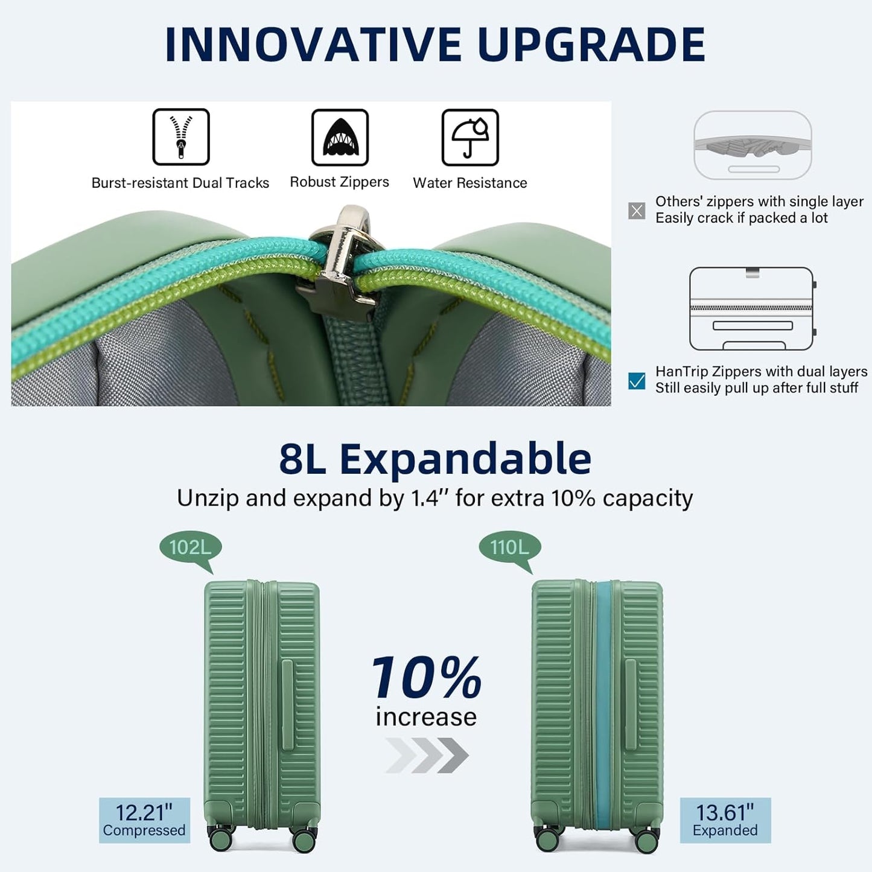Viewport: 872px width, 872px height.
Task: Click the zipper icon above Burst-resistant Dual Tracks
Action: pos(181,137)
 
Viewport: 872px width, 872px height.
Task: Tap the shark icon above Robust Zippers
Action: pos(340,137)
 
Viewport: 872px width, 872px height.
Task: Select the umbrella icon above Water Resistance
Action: pos(470,137)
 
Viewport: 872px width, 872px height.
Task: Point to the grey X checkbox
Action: pos(637,211)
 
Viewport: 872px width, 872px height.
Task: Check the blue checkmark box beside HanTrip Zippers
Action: pos(637,381)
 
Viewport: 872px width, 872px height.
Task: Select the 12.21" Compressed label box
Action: pos(144,820)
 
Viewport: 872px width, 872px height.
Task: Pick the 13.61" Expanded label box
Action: pos(725,820)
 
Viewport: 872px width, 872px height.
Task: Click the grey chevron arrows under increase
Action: pos(427,755)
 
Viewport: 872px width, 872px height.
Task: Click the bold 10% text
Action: pos(427,678)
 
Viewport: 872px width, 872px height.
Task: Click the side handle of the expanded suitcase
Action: pos(631,704)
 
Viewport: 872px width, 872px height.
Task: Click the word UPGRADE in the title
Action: pos(591,45)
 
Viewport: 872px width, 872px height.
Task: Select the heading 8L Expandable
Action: pos(435,459)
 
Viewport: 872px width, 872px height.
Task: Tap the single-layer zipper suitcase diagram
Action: pos(753,145)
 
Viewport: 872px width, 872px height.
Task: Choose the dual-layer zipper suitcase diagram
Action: pos(752,308)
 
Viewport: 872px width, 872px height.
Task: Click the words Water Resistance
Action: pos(470,183)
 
